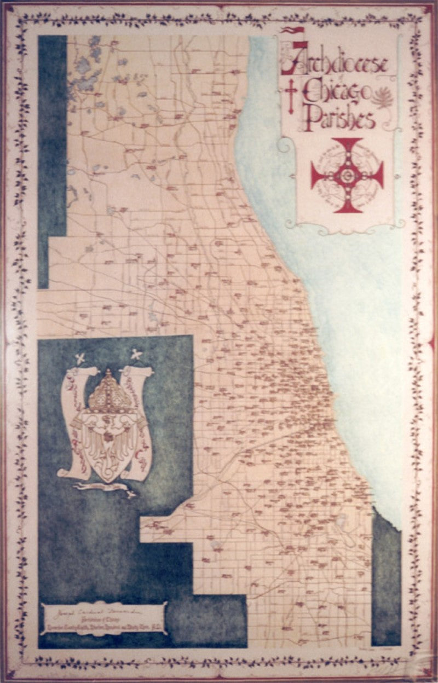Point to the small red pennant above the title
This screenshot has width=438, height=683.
point(290,31)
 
